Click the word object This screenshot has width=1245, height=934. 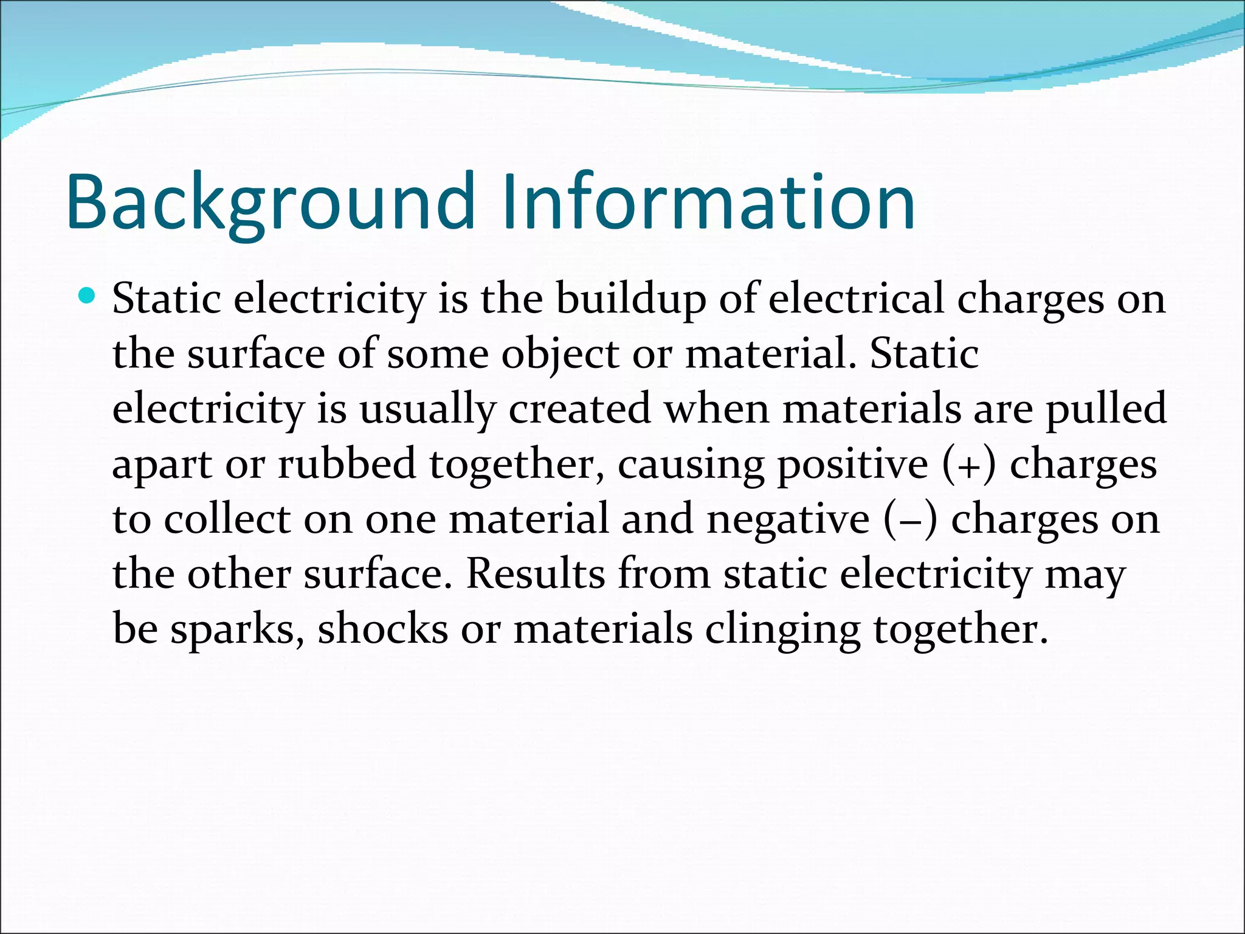coord(560,355)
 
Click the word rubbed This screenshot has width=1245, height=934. coord(347,464)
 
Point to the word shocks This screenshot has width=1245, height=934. coord(382,629)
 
